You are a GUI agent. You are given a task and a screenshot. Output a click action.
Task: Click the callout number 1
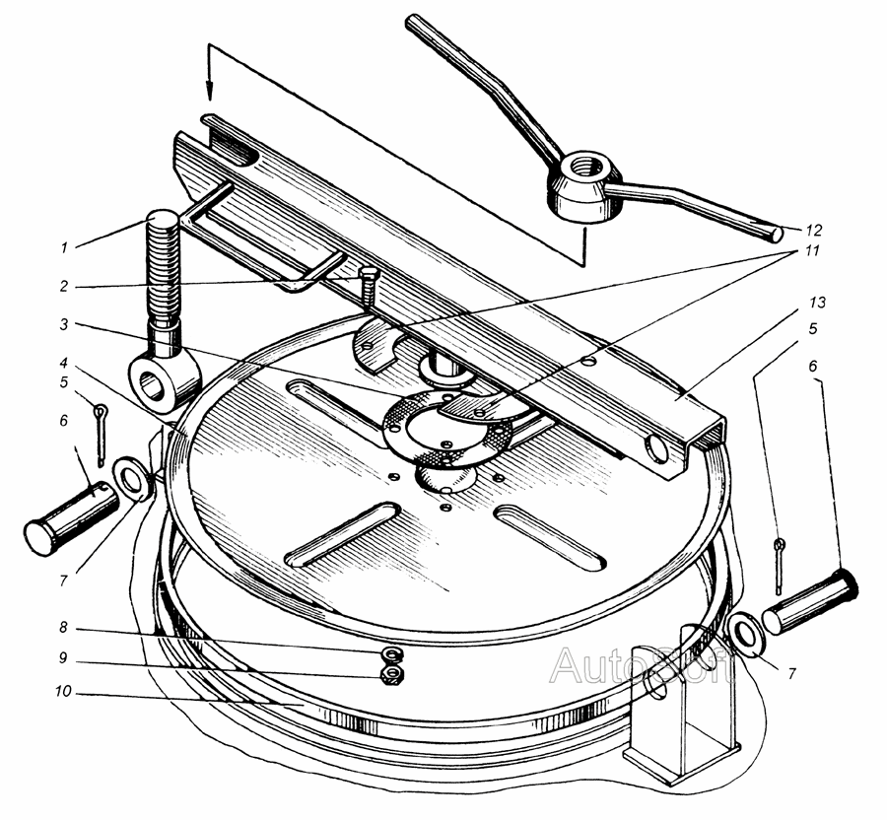pyautogui.click(x=64, y=247)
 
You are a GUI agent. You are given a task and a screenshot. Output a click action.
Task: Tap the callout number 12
pyautogui.click(x=814, y=231)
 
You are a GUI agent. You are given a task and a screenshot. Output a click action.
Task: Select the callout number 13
pyautogui.click(x=817, y=303)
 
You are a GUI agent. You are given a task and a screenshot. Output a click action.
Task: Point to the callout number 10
pyautogui.click(x=63, y=691)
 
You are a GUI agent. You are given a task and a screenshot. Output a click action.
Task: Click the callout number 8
pyautogui.click(x=63, y=628)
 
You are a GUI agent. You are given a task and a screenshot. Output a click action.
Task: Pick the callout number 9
pyautogui.click(x=63, y=658)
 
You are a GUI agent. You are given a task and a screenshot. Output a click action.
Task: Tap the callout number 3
pyautogui.click(x=64, y=324)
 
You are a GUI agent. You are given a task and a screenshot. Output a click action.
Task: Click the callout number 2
pyautogui.click(x=64, y=286)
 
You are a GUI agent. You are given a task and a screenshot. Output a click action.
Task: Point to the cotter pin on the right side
pyautogui.click(x=781, y=567)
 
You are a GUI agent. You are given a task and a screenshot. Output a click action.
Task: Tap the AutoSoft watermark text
pyautogui.click(x=642, y=667)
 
